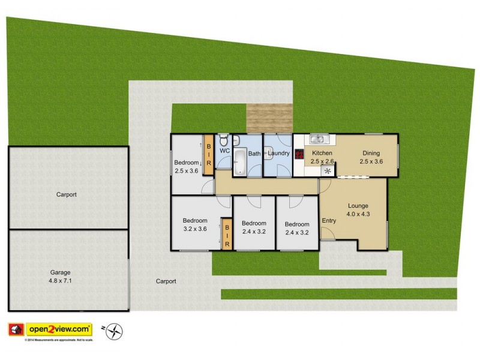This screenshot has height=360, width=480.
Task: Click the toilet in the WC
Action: (224, 142)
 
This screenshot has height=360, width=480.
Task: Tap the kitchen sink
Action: (317, 140)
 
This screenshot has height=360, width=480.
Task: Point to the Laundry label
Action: (279, 154)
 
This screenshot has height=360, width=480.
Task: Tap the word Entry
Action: (329, 221)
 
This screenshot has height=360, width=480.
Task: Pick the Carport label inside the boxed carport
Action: (67, 194)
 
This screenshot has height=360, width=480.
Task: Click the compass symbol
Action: (114, 331)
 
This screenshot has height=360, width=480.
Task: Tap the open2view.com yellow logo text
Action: (59, 329)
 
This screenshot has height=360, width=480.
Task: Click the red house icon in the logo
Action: (16, 329)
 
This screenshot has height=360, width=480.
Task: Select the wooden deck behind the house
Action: (269, 118)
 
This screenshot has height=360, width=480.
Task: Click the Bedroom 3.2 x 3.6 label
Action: (195, 224)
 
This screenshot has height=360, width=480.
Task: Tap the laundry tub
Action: (267, 154)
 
